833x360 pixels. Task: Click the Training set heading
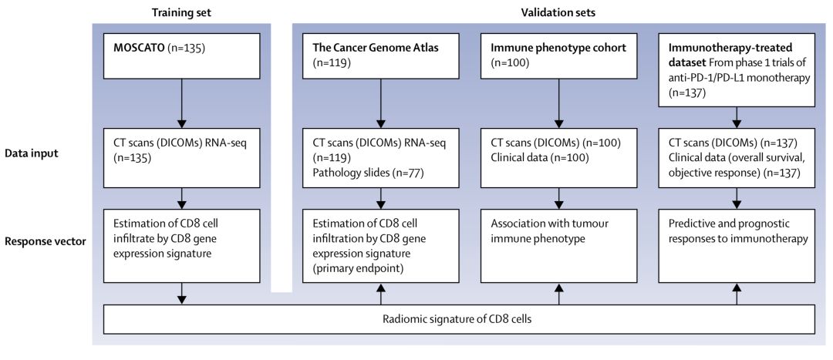point(182,12)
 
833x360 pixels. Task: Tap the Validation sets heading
point(559,12)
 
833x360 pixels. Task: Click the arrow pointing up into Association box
point(559,294)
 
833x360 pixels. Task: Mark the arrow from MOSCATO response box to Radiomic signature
point(182,294)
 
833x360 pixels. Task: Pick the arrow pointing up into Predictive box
point(737,294)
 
